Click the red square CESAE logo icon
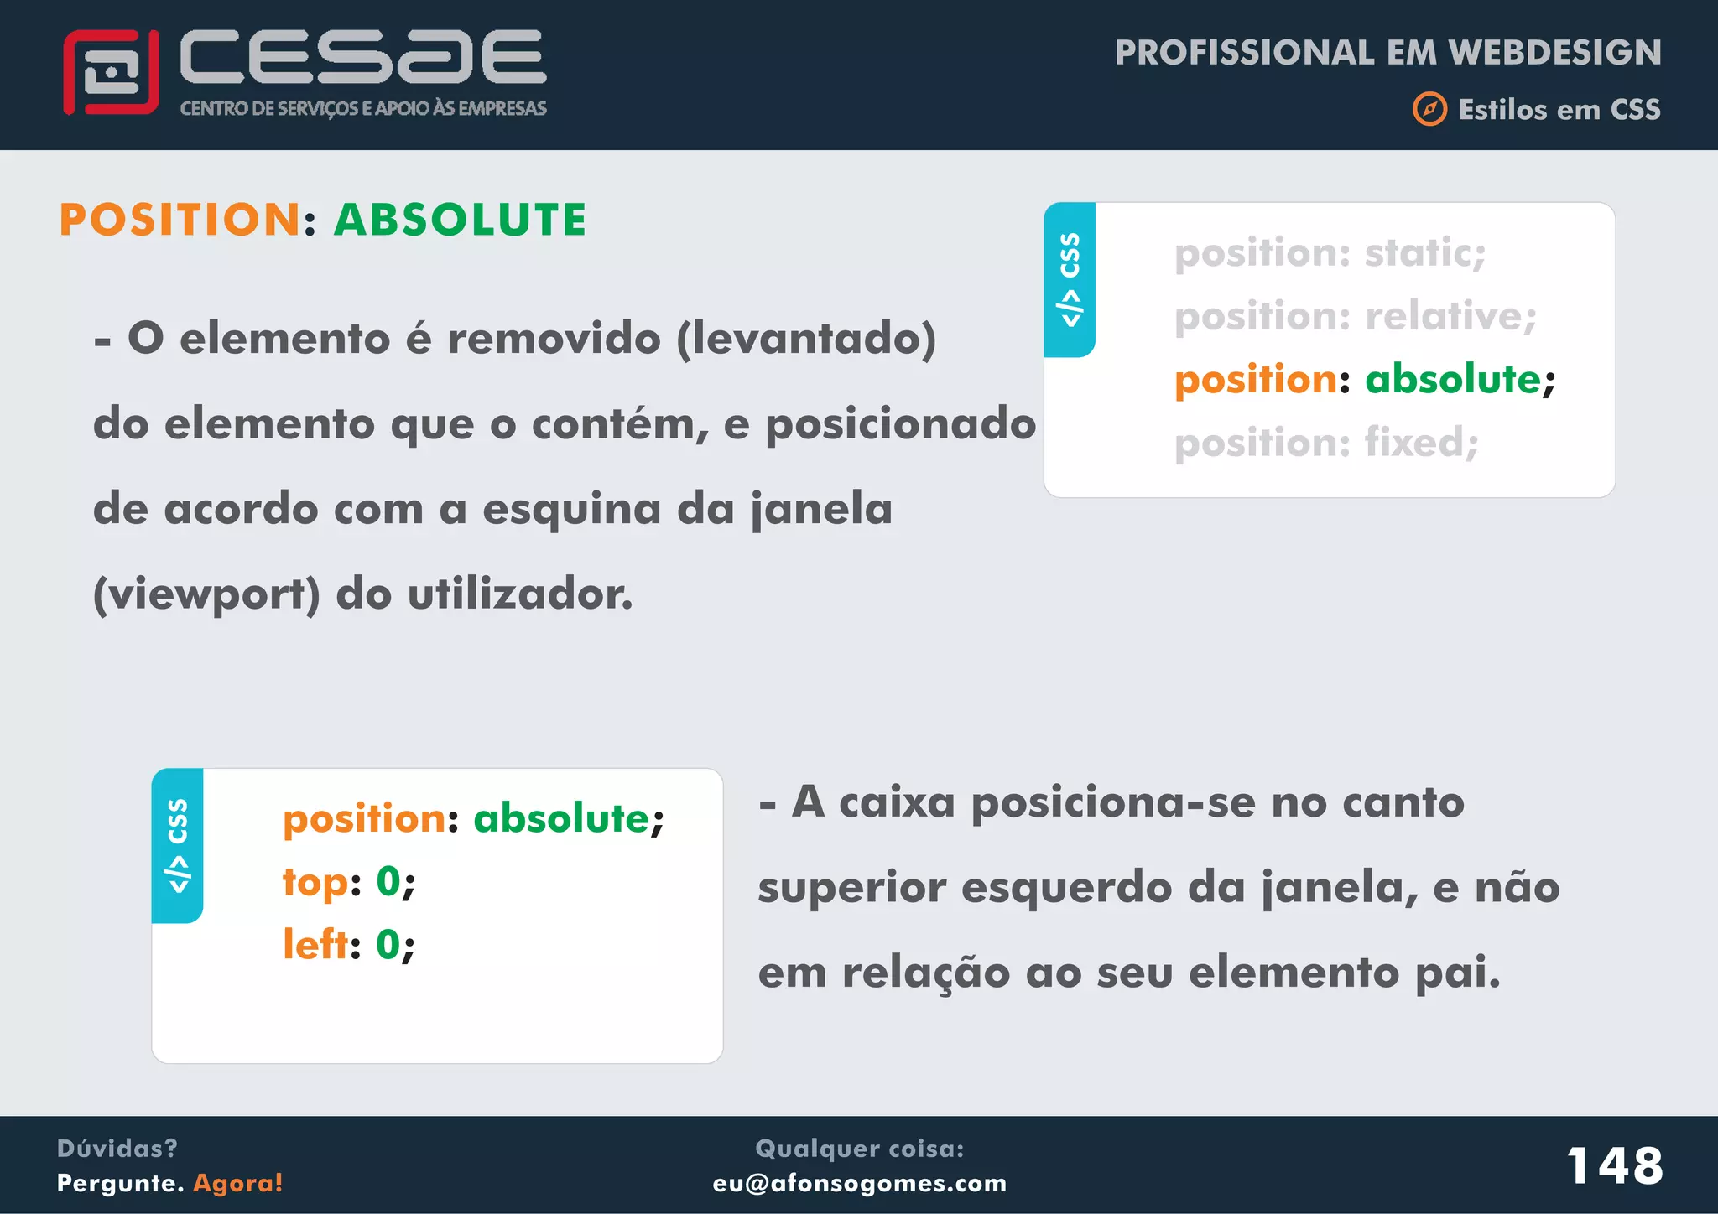pos(111,72)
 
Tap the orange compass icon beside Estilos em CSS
pos(1429,110)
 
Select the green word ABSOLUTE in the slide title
pos(460,220)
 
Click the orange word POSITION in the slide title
pos(180,220)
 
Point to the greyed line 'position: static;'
pos(1330,253)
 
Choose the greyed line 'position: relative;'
pos(1355,317)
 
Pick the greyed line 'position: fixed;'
pos(1325,443)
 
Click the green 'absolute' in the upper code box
pos(1453,380)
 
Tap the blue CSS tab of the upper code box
pos(1070,279)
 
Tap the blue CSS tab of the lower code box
pos(177,845)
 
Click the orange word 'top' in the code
pos(315,882)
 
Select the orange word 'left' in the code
pos(315,945)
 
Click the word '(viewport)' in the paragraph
pos(206,595)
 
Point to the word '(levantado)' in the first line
pos(806,340)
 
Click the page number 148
pos(1615,1166)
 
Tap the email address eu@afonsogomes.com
pos(859,1183)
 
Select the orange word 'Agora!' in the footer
pos(238,1183)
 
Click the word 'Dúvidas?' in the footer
pos(117,1149)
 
